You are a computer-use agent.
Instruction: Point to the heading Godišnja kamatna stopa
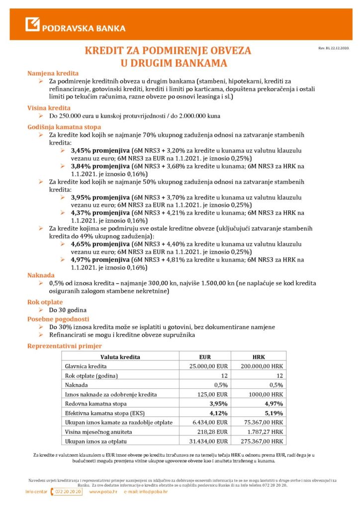(x=64, y=127)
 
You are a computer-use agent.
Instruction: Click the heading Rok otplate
(x=45, y=302)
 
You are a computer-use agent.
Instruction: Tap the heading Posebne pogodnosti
(x=58, y=319)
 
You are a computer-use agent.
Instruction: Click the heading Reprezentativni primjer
(x=65, y=345)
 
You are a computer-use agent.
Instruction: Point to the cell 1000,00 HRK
(x=266, y=394)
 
